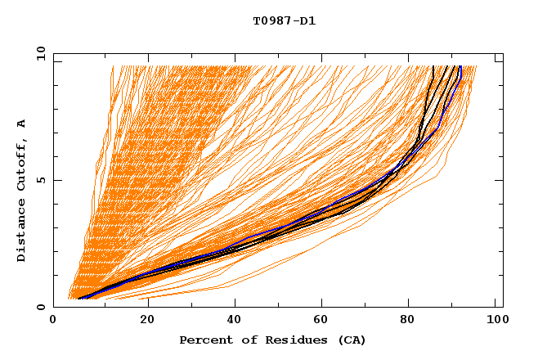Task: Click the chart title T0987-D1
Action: click(x=284, y=20)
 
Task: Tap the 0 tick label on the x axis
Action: click(x=53, y=322)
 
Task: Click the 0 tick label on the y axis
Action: click(x=41, y=307)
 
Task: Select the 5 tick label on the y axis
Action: click(x=41, y=180)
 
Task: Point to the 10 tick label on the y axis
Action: click(x=38, y=53)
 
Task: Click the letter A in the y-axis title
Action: click(x=22, y=123)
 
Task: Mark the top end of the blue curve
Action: click(x=460, y=66)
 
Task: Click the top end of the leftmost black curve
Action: click(x=433, y=66)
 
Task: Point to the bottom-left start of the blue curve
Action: click(x=78, y=299)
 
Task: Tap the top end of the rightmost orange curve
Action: click(x=476, y=66)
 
